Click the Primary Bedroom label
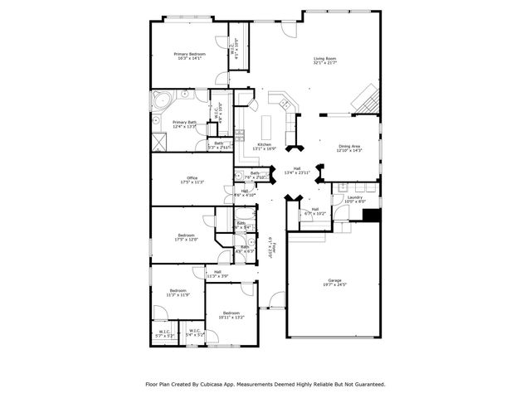tap(190, 56)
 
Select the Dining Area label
tap(349, 148)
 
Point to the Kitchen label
tap(265, 147)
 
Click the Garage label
tap(334, 282)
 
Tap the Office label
tap(192, 179)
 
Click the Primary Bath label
tap(184, 124)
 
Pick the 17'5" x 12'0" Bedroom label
tap(187, 235)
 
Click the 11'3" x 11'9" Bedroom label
tap(178, 292)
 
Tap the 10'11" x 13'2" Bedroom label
tap(231, 314)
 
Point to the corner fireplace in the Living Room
tap(366, 101)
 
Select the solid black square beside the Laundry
tap(371, 214)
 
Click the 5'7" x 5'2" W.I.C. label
tap(163, 333)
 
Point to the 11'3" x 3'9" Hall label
tap(217, 274)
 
